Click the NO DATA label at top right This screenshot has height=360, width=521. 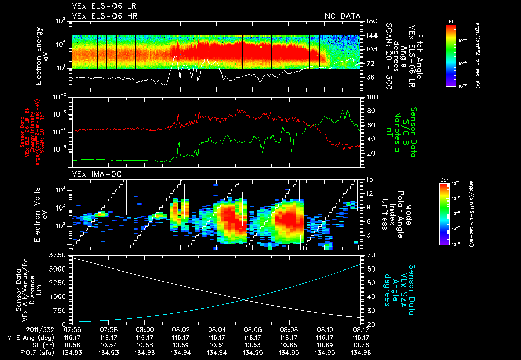(x=342, y=16)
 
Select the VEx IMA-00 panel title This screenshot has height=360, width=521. (x=93, y=174)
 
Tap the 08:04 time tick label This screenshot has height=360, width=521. (x=217, y=329)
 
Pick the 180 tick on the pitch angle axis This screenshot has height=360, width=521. (x=371, y=21)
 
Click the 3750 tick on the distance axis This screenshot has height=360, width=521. (x=59, y=254)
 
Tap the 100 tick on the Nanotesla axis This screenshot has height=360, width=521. (x=371, y=97)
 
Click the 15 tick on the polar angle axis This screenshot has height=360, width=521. (x=369, y=179)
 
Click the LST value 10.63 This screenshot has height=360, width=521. (x=253, y=345)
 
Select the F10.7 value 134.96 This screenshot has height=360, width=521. (x=361, y=352)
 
